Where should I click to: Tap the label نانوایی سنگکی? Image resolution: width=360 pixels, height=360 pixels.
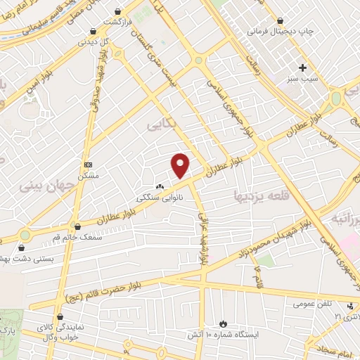[162, 198]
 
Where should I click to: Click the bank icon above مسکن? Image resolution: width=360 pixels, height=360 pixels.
[87, 164]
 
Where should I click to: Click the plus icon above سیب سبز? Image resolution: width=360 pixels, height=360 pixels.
[303, 68]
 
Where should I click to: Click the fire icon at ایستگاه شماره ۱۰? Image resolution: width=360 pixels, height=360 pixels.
[223, 323]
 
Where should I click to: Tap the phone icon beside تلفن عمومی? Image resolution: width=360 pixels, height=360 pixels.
[350, 304]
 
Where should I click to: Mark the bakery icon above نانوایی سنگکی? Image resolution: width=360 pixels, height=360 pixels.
[160, 187]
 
